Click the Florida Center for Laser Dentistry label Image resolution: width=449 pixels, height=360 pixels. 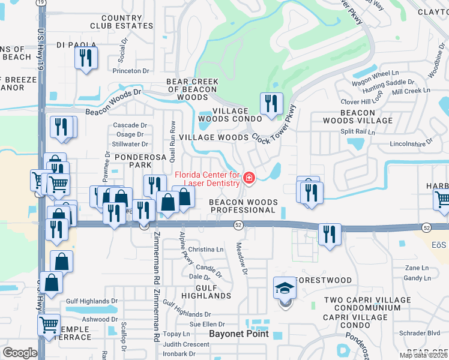[207, 179]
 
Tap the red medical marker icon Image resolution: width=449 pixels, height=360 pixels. [248, 178]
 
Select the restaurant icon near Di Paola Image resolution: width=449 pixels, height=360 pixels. [86, 58]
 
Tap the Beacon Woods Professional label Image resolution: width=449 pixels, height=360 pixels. [242, 206]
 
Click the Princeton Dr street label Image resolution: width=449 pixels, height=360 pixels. [130, 71]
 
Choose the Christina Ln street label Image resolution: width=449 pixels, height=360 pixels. [205, 249]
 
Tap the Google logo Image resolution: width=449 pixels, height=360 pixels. [20, 353]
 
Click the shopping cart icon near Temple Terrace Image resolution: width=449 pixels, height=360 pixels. [49, 326]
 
